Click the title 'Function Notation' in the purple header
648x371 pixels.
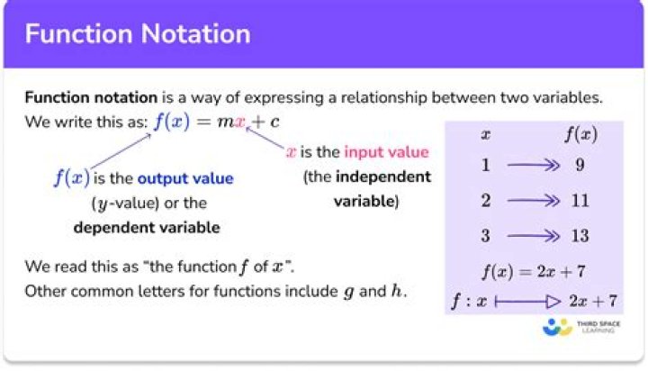click(x=138, y=34)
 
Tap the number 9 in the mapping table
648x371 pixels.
click(x=580, y=165)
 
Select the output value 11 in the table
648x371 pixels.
click(x=580, y=201)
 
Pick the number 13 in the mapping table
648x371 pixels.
click(x=580, y=236)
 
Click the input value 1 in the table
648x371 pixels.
click(x=486, y=165)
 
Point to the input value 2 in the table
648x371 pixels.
click(x=486, y=201)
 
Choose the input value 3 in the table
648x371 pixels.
click(x=486, y=236)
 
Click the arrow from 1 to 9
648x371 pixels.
click(x=533, y=166)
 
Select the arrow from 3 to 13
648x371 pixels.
click(x=533, y=236)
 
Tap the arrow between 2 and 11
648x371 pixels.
click(x=533, y=201)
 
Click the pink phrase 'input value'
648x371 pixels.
click(x=386, y=152)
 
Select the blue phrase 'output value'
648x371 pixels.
click(x=185, y=178)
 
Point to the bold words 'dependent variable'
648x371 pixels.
click(x=147, y=228)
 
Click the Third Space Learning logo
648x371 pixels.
click(x=581, y=327)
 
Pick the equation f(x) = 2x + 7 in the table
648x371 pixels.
click(x=534, y=271)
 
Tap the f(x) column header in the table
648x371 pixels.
click(x=580, y=134)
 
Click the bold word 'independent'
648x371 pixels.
click(x=383, y=176)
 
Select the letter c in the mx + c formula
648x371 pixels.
click(x=274, y=122)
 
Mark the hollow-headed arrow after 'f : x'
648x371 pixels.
click(x=527, y=302)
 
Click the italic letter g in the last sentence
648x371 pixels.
click(x=349, y=292)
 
